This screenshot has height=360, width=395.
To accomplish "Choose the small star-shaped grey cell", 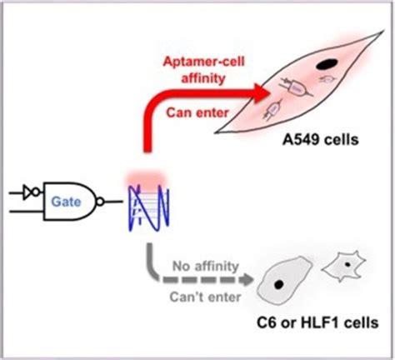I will [342, 268].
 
